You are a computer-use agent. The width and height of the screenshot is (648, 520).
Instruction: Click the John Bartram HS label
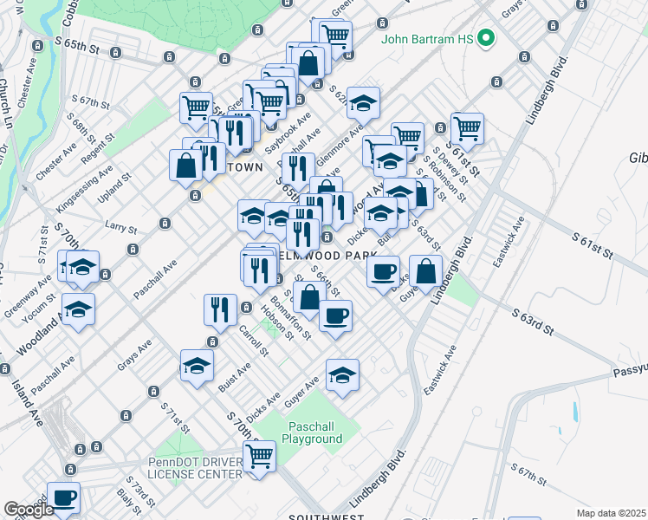click(x=427, y=40)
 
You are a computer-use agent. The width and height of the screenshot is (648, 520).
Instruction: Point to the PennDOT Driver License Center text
click(x=195, y=468)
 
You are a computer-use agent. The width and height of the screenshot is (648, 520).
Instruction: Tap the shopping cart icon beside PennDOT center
click(x=260, y=456)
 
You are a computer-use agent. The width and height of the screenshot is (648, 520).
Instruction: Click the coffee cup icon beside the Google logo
click(x=65, y=497)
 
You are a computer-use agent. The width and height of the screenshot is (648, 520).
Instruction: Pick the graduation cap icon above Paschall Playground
click(x=342, y=375)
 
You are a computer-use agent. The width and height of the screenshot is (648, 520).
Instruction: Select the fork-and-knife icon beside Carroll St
click(x=220, y=309)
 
